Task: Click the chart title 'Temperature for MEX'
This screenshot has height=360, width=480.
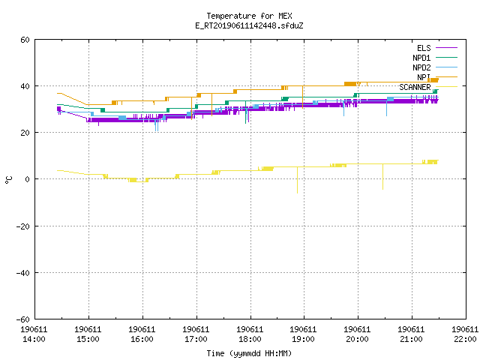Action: point(249,16)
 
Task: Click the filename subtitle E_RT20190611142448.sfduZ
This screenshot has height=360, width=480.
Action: point(249,25)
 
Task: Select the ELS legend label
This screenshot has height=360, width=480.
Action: point(424,48)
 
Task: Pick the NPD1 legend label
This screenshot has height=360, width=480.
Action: point(421,58)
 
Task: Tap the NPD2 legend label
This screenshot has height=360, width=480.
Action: point(421,67)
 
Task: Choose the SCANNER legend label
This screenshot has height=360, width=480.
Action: point(415,87)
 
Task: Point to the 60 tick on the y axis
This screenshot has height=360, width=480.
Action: point(25,40)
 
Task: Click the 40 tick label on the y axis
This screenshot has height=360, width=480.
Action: point(25,86)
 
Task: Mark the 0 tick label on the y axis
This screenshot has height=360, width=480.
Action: point(28,179)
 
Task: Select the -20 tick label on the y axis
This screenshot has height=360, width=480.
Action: point(23,226)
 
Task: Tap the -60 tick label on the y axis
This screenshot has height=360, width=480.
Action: point(23,319)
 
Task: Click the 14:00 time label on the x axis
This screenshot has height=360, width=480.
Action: point(34,339)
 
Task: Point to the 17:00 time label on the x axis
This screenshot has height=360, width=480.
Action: point(196,339)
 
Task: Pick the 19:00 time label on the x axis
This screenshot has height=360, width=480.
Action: point(303,339)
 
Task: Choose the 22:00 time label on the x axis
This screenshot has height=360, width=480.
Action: point(465,339)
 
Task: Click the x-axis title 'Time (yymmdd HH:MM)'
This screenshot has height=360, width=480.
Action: point(249,353)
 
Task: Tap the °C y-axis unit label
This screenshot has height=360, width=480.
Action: point(8,180)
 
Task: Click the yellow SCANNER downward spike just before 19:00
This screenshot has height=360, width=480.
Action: point(297,180)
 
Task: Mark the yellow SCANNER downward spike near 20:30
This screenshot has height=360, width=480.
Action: point(382,177)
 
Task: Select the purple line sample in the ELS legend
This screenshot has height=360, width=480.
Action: point(446,48)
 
